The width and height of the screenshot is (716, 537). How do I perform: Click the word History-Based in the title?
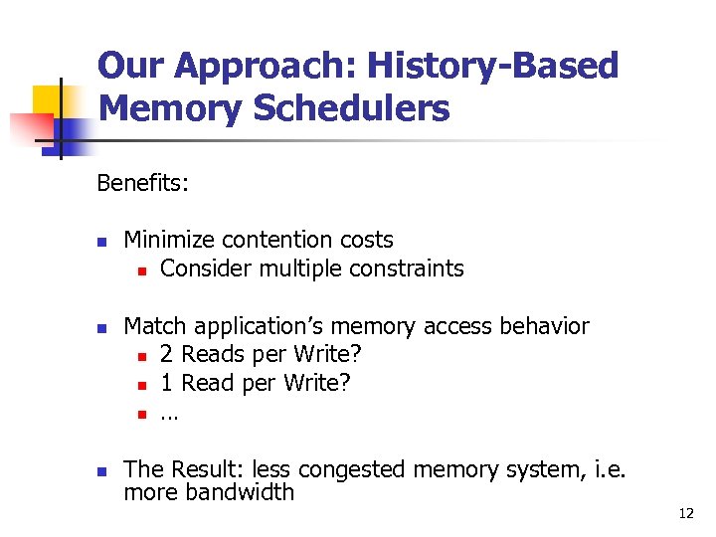492,67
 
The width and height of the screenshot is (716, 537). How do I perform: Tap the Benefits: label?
143,183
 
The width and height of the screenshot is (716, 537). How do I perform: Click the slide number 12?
685,513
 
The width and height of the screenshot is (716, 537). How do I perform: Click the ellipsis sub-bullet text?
169,412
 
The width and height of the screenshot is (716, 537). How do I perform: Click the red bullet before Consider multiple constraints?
143,269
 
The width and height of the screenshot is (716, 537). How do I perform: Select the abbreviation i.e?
607,469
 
